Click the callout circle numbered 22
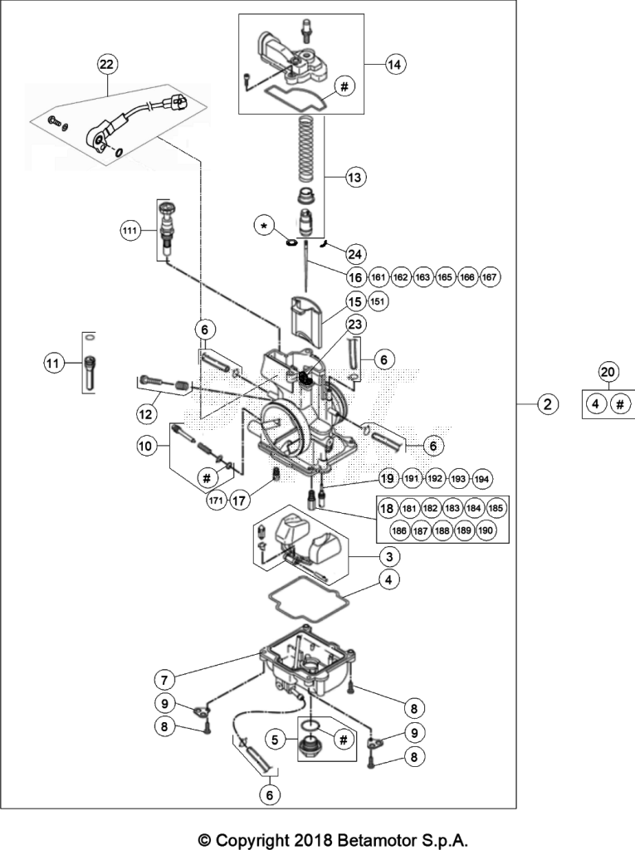pyautogui.click(x=107, y=65)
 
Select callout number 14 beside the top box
pyautogui.click(x=395, y=65)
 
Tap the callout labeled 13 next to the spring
pyautogui.click(x=354, y=178)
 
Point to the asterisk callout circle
pyautogui.click(x=265, y=226)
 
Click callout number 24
pyautogui.click(x=355, y=254)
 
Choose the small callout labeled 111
pyautogui.click(x=129, y=231)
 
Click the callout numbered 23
pyautogui.click(x=354, y=325)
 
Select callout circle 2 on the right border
pyautogui.click(x=548, y=404)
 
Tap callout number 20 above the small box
pyautogui.click(x=608, y=373)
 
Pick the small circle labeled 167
pyautogui.click(x=489, y=277)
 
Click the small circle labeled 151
pyautogui.click(x=379, y=301)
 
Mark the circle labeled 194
pyautogui.click(x=481, y=479)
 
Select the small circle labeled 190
pyautogui.click(x=486, y=530)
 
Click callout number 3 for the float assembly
pyautogui.click(x=389, y=557)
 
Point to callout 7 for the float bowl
pyautogui.click(x=165, y=679)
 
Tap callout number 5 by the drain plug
pyautogui.click(x=275, y=740)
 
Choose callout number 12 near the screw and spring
pyautogui.click(x=146, y=415)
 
